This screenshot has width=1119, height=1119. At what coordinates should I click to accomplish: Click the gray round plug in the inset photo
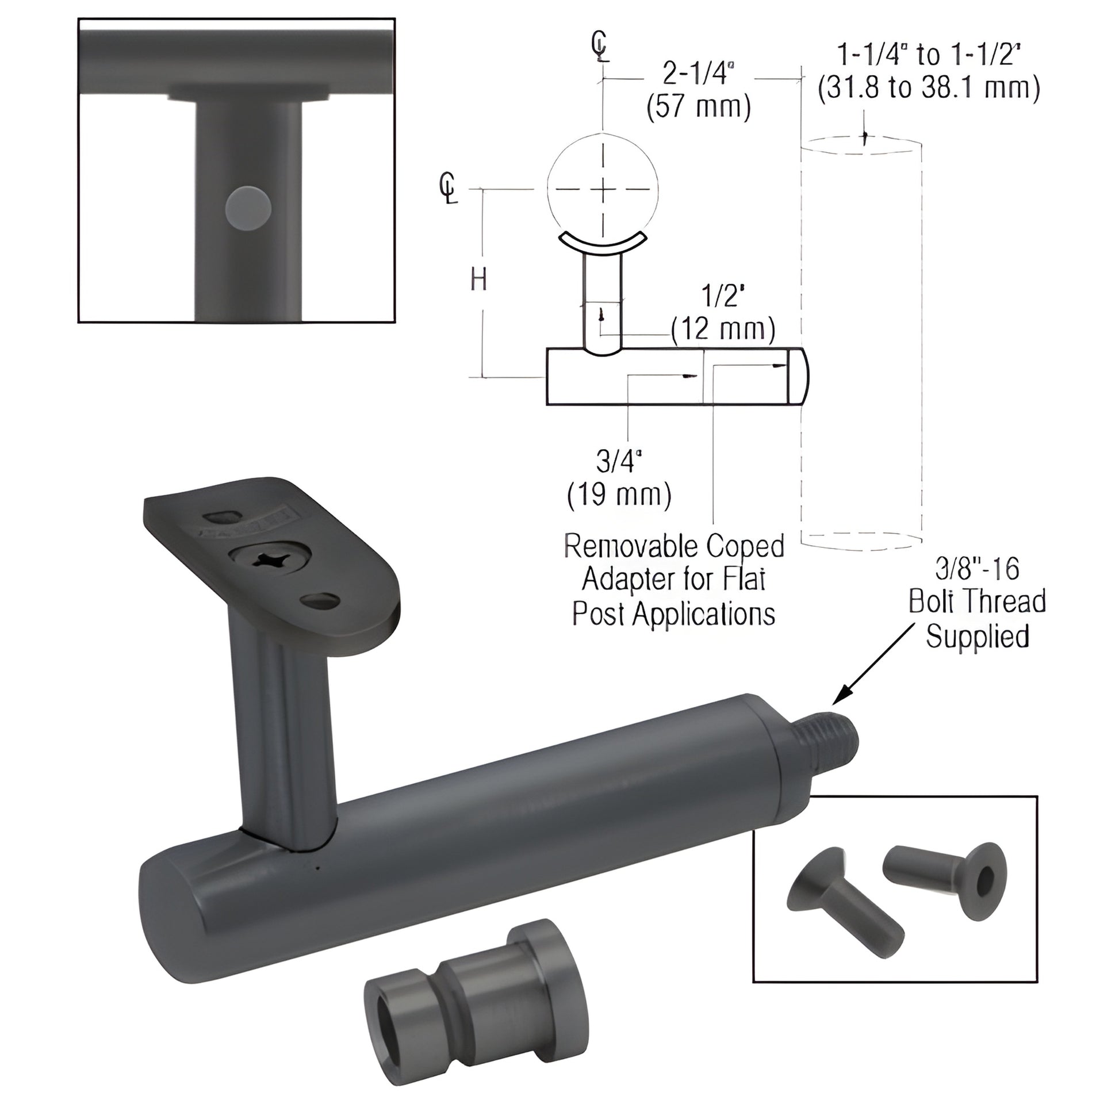point(248,209)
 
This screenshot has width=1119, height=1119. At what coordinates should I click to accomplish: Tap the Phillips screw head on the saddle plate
point(270,559)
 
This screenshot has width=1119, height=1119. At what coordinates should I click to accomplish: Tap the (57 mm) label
point(699,107)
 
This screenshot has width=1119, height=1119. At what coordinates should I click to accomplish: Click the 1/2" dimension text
point(722,296)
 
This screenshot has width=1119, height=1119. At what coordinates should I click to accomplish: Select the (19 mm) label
point(619,495)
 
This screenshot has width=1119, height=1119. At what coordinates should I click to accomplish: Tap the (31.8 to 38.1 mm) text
point(929,88)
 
